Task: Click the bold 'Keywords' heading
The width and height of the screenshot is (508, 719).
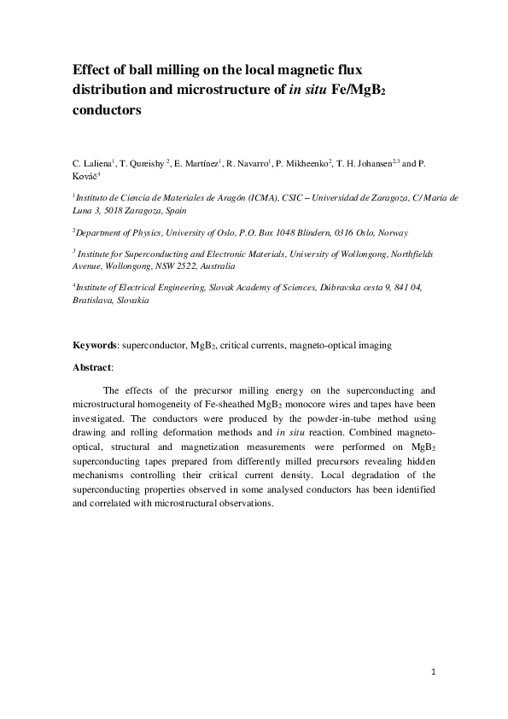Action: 93,346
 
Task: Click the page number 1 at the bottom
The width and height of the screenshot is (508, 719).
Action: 434,673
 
